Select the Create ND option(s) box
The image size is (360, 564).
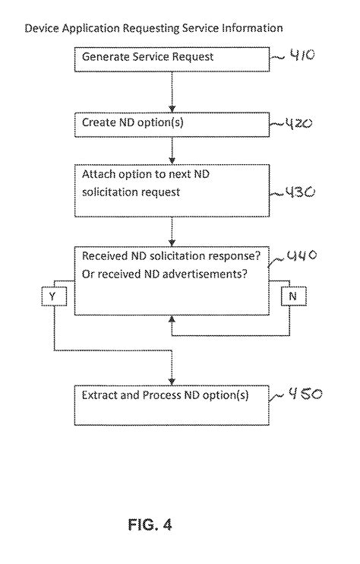point(172,122)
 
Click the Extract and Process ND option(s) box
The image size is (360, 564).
point(172,405)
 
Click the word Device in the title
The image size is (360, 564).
point(42,28)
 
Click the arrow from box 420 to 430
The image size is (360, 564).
point(172,149)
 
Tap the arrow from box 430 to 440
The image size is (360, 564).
point(172,230)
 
